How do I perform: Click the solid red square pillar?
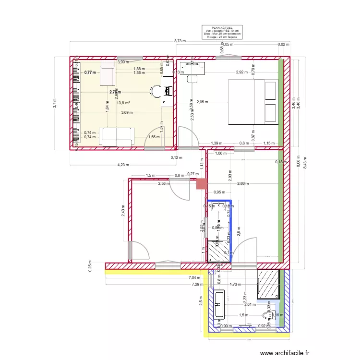[202, 184]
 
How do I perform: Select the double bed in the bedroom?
[252, 102]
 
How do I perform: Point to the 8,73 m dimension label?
[180, 41]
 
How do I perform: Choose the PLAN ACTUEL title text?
[221, 28]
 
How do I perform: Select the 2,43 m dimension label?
[123, 211]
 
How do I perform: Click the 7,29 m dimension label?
[197, 284]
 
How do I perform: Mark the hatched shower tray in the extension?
[268, 284]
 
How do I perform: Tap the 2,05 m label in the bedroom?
[202, 102]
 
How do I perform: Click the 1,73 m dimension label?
[235, 284]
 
